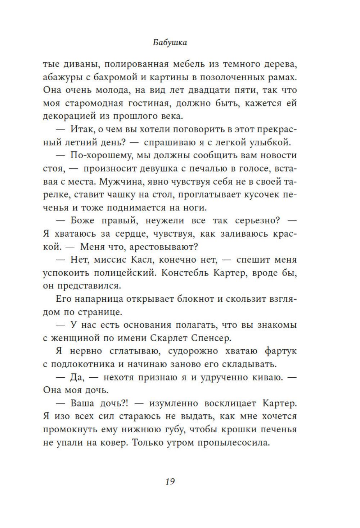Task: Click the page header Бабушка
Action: [x=170, y=42]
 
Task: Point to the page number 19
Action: [x=170, y=481]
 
